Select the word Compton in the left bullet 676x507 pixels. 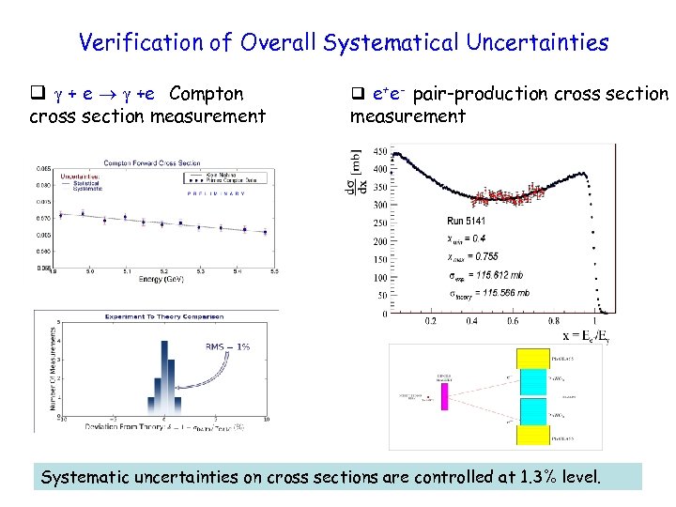coord(207,94)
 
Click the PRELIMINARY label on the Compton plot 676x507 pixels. coord(204,193)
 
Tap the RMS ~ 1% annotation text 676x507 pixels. coord(227,346)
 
